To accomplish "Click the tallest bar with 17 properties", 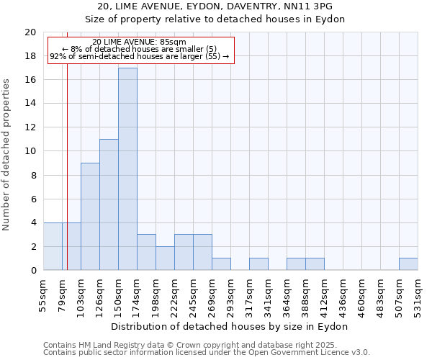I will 127,169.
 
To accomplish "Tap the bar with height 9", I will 90,217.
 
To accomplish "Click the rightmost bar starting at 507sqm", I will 408,264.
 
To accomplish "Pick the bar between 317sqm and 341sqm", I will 258,264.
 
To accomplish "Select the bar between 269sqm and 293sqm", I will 221,264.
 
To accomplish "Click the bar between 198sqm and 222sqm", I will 165,258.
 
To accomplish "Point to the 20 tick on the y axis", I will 30,32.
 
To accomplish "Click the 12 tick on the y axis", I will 30,127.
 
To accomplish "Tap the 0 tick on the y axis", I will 33,271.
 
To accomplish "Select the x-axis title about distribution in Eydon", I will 230,326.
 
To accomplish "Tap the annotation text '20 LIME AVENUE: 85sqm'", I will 140,42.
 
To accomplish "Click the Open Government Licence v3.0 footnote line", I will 207,353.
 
